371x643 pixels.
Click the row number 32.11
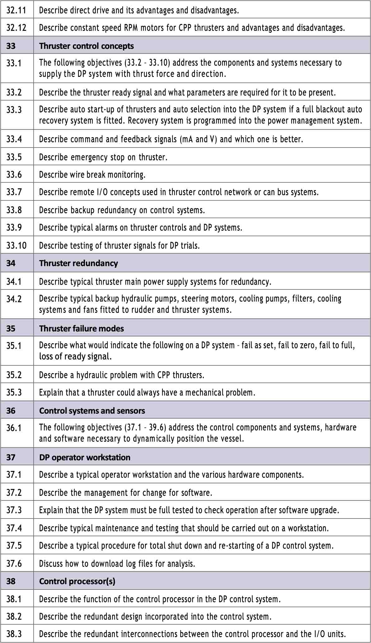tap(16, 11)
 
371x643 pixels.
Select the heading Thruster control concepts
tap(86, 46)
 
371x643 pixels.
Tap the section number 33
tap(11, 46)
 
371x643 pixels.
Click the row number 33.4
tap(14, 139)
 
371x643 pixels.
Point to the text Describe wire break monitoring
tap(92, 175)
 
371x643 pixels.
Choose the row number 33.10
tap(16, 246)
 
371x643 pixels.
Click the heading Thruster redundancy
tap(78, 263)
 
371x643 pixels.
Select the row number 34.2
tap(14, 299)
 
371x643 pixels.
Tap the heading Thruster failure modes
tap(81, 329)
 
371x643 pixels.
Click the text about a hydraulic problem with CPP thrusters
tap(121, 375)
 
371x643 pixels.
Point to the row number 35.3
tap(14, 392)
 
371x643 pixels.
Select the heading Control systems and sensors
tap(92, 411)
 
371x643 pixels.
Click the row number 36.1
tap(14, 428)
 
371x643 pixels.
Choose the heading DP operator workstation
tap(85, 458)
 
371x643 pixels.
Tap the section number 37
tap(11, 458)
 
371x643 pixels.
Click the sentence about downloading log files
tap(117, 564)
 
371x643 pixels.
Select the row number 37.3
tap(14, 510)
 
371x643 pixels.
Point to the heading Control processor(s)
tap(77, 581)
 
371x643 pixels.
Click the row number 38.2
tap(14, 617)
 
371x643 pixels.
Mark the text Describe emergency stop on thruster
tap(103, 157)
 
